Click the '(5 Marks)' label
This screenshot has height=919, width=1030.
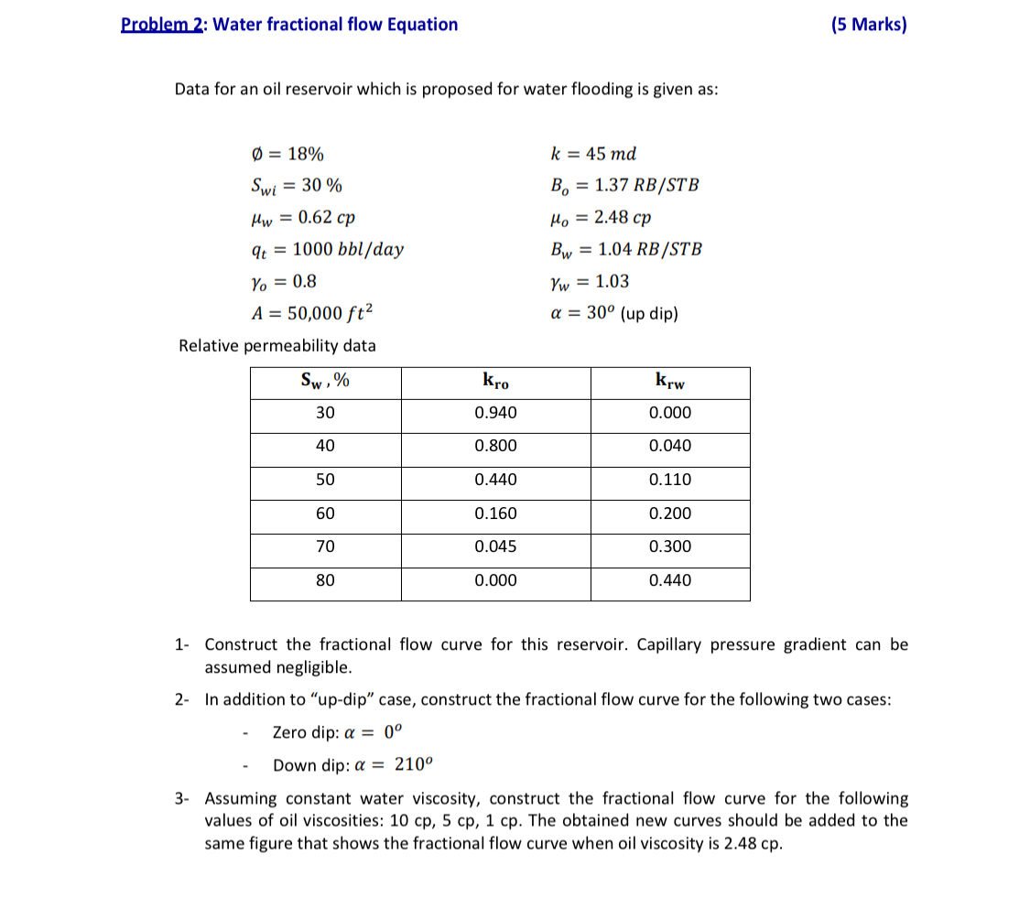coord(869,25)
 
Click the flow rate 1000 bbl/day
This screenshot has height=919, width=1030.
coord(347,249)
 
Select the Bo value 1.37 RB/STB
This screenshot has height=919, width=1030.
coord(646,185)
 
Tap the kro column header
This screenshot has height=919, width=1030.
coord(495,381)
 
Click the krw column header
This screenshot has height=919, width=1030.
coord(669,381)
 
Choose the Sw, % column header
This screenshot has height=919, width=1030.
coord(325,381)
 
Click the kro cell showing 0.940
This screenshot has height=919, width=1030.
coord(495,413)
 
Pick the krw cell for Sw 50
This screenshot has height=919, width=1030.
coord(669,480)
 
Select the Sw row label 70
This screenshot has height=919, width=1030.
coord(325,546)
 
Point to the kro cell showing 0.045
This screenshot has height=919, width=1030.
coord(495,546)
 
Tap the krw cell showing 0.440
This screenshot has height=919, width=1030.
coord(669,580)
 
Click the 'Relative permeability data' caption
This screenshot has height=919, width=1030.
coord(276,346)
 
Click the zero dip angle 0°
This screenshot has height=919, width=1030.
coord(393,732)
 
